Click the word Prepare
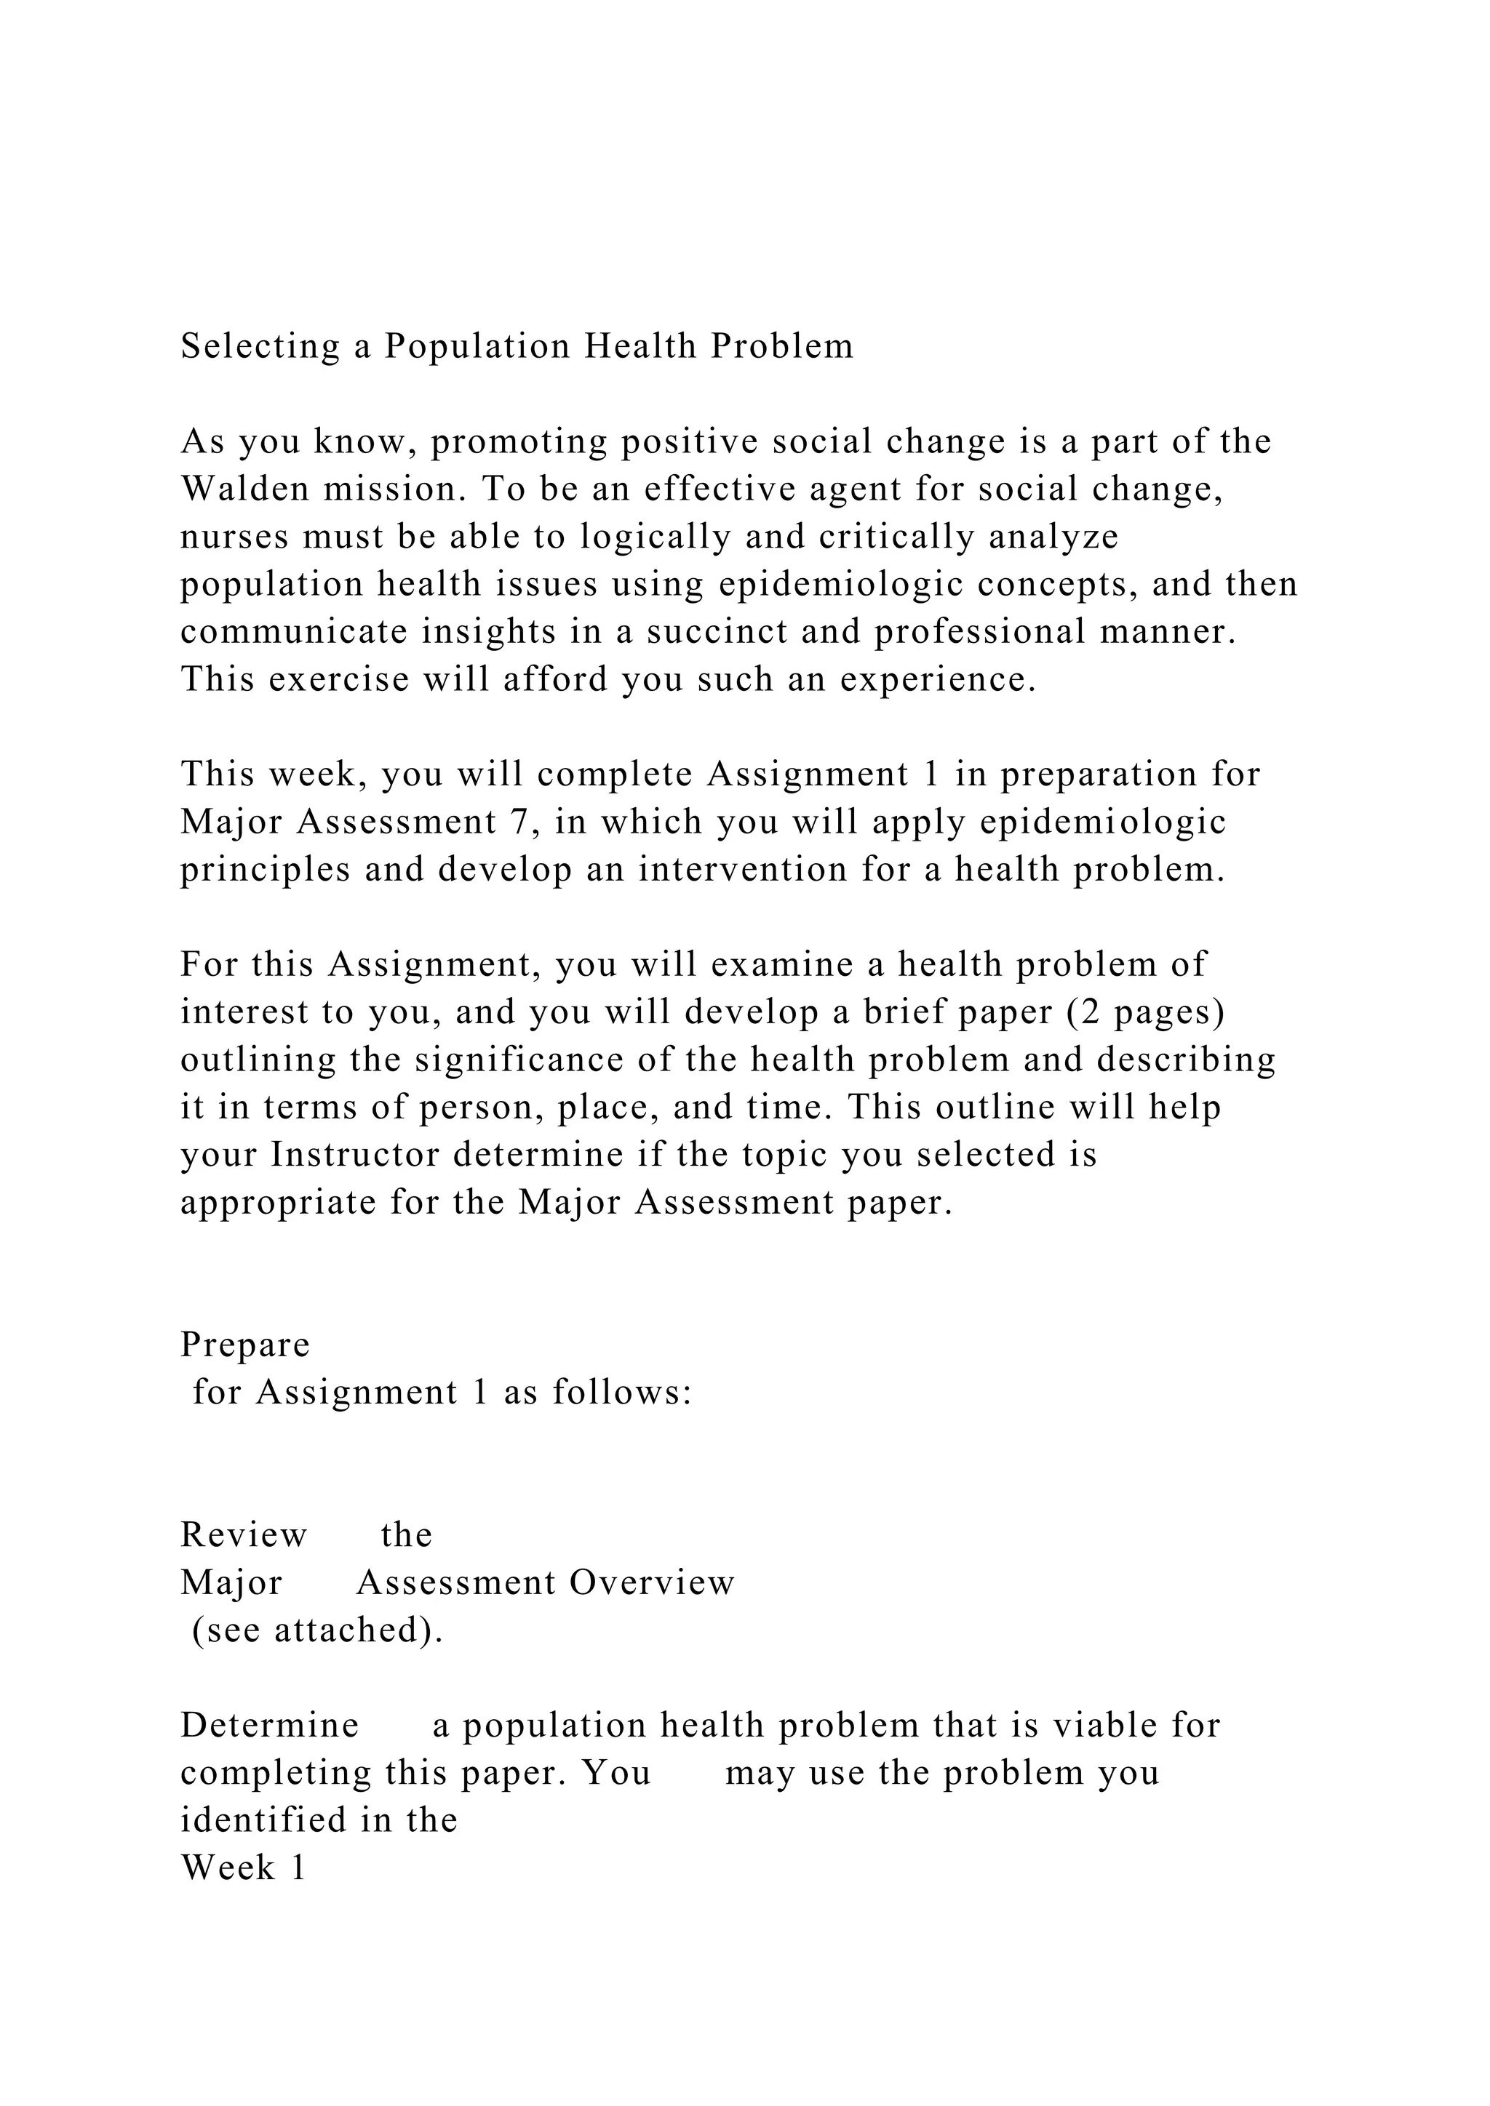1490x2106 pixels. coord(245,1345)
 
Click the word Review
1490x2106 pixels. coord(244,1534)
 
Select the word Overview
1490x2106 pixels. coord(653,1582)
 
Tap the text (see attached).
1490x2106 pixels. coord(317,1630)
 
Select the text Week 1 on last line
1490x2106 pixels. coord(243,1867)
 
